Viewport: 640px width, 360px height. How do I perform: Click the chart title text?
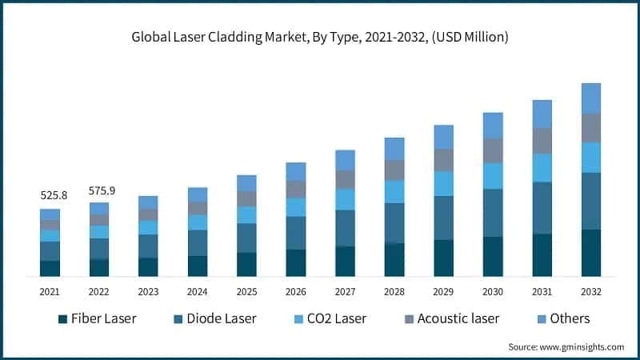click(320, 38)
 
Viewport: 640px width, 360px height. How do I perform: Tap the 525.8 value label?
click(50, 195)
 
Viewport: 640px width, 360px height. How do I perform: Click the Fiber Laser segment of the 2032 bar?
click(590, 253)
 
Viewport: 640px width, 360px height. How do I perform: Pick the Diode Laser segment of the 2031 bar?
click(542, 208)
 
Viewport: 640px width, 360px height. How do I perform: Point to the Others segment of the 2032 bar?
click(590, 98)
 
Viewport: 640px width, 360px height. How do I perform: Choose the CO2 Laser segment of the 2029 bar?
click(443, 183)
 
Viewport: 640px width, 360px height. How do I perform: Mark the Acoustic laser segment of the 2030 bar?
click(493, 150)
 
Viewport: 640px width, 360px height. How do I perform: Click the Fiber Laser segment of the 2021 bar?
click(50, 268)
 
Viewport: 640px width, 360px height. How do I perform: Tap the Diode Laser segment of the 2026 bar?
click(296, 233)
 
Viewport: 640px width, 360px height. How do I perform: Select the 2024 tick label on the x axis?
click(197, 292)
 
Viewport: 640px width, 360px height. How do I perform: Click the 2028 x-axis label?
click(394, 292)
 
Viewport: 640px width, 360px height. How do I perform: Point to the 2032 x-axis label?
click(590, 292)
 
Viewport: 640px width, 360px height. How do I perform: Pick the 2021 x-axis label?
click(50, 292)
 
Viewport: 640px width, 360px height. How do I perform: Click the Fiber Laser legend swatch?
click(62, 319)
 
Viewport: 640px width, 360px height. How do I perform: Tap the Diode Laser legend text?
click(221, 318)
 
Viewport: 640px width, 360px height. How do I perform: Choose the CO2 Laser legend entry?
click(330, 318)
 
